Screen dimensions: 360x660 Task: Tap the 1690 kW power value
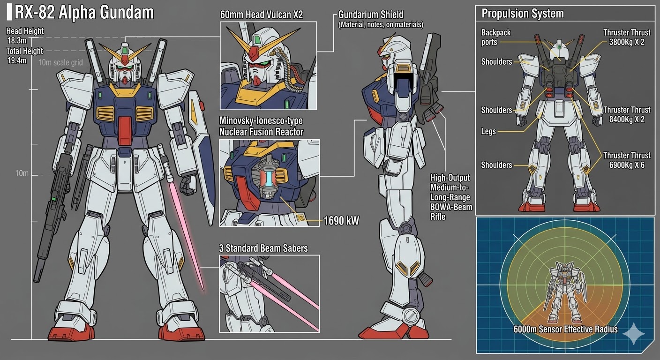[x=341, y=220]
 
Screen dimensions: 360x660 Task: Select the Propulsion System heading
[x=523, y=14]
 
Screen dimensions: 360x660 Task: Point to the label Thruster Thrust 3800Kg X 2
[x=627, y=37]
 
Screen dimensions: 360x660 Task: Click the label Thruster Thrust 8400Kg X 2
[x=627, y=115]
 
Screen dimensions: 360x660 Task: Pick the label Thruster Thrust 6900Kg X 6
[x=627, y=160]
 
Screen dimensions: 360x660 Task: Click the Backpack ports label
[x=496, y=37]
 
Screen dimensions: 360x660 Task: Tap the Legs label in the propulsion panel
[x=488, y=132]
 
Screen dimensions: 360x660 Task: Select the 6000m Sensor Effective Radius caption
[x=565, y=329]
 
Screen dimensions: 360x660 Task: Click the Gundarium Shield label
[x=371, y=15]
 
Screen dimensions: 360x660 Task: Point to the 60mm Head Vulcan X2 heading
[x=262, y=15]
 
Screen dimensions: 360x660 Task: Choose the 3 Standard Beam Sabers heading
[x=263, y=248]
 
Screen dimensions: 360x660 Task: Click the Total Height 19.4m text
[x=25, y=56]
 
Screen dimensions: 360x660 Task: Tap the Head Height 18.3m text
[x=25, y=36]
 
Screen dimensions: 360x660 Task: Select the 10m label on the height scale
[x=22, y=173]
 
